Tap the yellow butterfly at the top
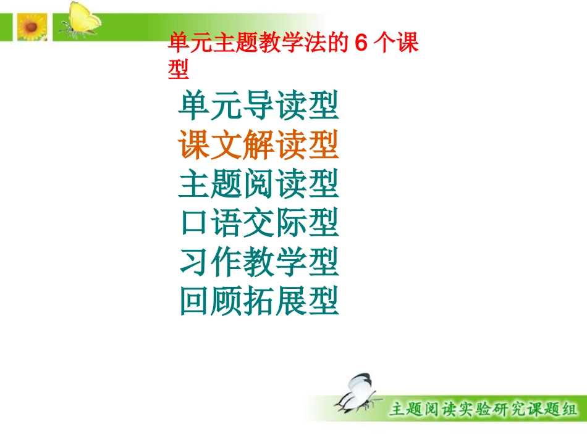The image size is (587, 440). pos(81,20)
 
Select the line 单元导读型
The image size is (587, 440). pos(259,107)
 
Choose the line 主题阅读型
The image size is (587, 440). pos(259,184)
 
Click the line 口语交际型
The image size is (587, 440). pos(259,223)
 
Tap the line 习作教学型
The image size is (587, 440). pos(259,262)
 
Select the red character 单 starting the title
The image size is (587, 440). pos(179,44)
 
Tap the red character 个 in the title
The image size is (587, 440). pos(388,44)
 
